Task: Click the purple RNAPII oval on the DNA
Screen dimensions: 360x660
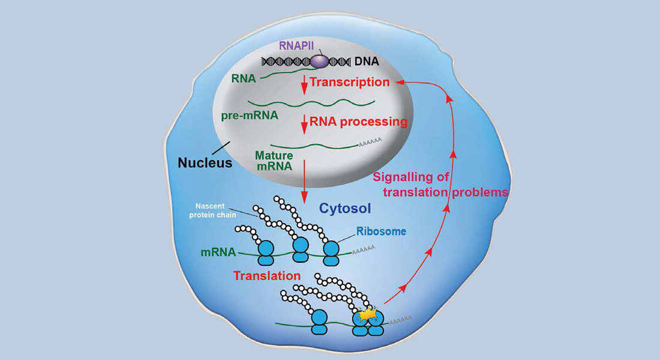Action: [x=322, y=61]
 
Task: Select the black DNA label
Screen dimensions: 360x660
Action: [x=368, y=61]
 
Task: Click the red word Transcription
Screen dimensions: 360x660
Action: [x=350, y=82]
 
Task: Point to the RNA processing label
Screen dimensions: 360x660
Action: [x=358, y=122]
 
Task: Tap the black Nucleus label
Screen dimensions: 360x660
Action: [x=204, y=163]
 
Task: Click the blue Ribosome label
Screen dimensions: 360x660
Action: [x=381, y=231]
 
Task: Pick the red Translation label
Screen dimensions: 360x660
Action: [x=266, y=276]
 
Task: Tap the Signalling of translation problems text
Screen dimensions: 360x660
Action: [x=441, y=185]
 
